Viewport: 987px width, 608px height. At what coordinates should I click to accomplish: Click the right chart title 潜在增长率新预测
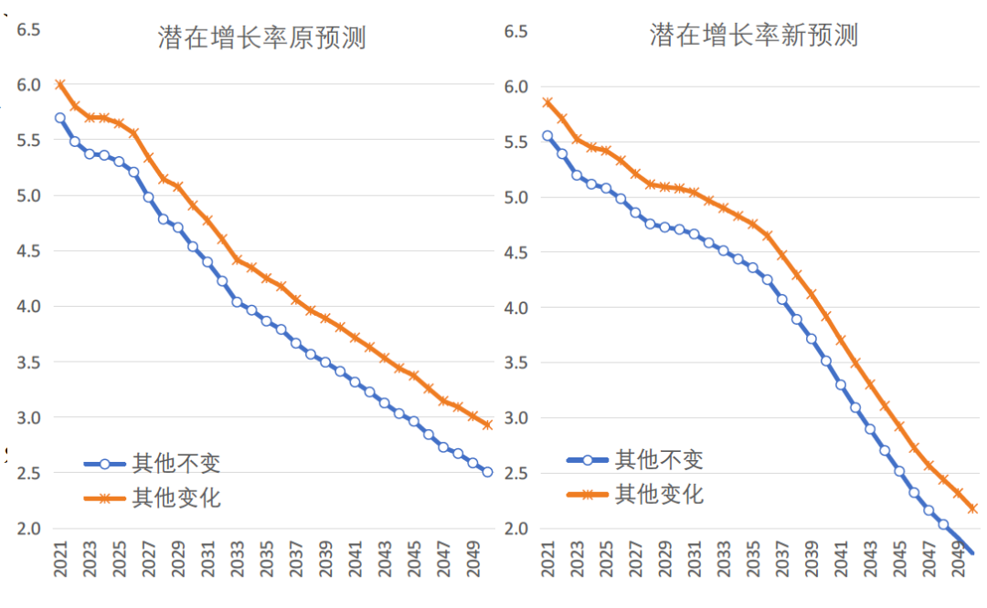pyautogui.click(x=754, y=37)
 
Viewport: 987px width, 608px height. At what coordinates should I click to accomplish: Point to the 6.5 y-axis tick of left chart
pyautogui.click(x=29, y=29)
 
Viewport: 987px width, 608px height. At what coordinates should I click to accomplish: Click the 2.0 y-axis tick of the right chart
pyautogui.click(x=517, y=529)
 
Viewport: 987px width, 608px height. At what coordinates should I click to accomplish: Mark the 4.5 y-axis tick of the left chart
pyautogui.click(x=29, y=251)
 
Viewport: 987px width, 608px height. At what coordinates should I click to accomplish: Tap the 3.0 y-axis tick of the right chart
pyautogui.click(x=517, y=418)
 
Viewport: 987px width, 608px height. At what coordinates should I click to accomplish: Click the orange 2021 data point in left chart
pyautogui.click(x=60, y=85)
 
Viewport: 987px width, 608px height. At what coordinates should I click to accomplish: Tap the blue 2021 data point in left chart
pyautogui.click(x=60, y=118)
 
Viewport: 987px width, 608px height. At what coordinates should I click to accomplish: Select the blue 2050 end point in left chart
pyautogui.click(x=488, y=472)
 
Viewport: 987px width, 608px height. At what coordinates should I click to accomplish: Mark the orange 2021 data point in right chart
pyautogui.click(x=547, y=102)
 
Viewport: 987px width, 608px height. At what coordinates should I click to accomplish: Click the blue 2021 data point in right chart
pyautogui.click(x=547, y=136)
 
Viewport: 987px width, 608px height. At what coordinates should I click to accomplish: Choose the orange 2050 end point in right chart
pyautogui.click(x=973, y=508)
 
